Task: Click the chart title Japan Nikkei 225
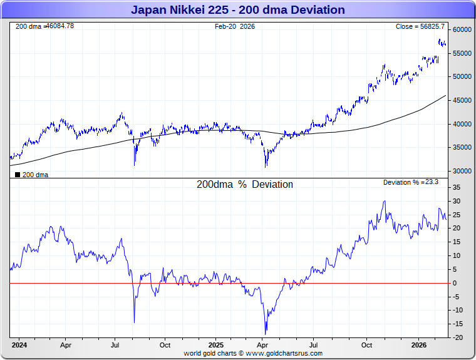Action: (x=237, y=10)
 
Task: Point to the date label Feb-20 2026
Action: (x=235, y=26)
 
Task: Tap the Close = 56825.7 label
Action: (x=420, y=26)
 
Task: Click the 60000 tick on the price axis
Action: (x=462, y=29)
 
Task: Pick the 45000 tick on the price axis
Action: (x=462, y=100)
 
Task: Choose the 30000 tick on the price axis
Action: (x=462, y=171)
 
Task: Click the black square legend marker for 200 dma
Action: (x=17, y=175)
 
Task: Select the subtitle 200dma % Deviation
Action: (x=244, y=185)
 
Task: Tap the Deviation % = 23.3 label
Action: (x=411, y=182)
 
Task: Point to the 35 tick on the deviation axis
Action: (x=457, y=187)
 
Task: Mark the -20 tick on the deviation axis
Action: (x=457, y=337)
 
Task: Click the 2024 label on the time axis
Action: (x=19, y=345)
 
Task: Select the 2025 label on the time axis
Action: (x=215, y=345)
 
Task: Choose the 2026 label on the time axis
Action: (x=419, y=345)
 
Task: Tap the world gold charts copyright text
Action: (x=253, y=353)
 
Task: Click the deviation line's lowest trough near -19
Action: (x=266, y=334)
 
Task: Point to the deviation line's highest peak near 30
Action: (x=385, y=201)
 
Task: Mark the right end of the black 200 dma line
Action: (x=445, y=95)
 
